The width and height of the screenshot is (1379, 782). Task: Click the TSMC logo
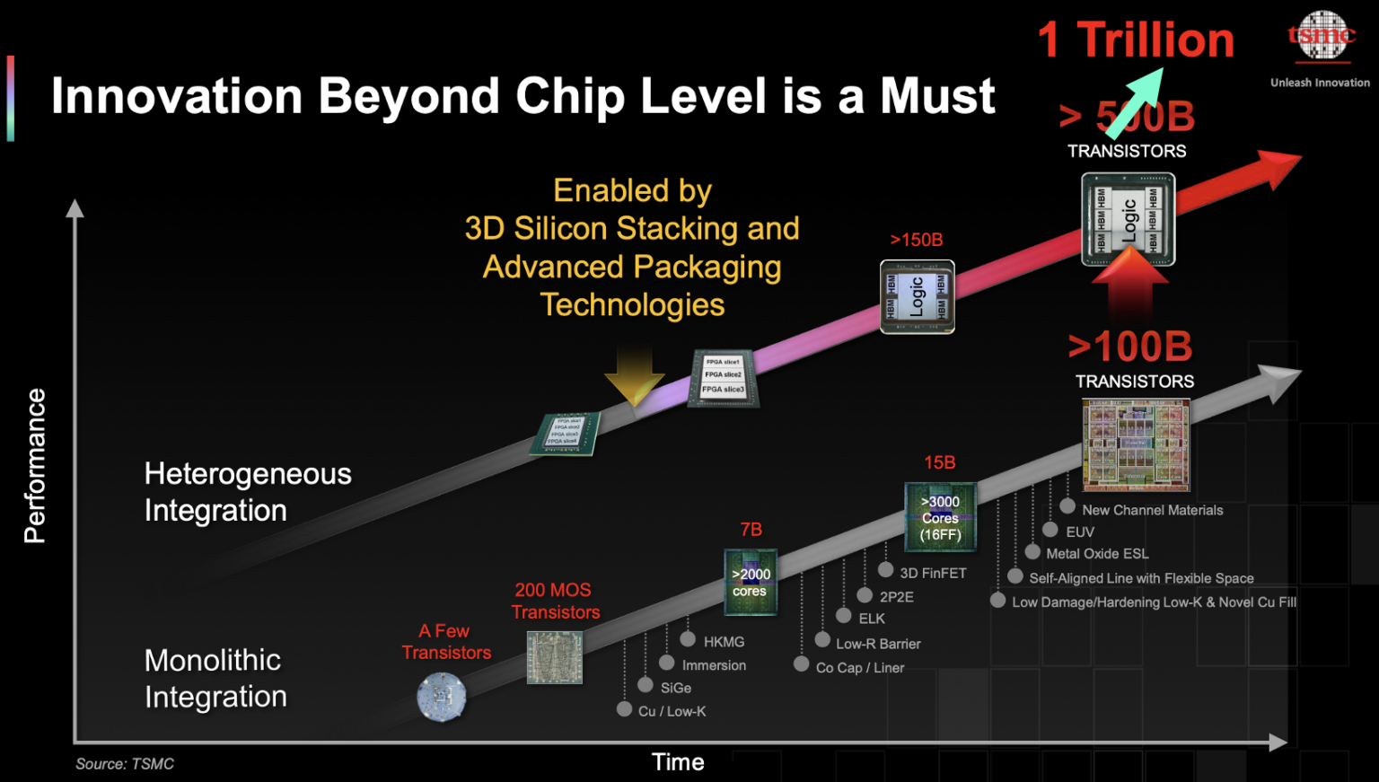pos(1321,37)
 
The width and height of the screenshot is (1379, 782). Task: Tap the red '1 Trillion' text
pos(1136,40)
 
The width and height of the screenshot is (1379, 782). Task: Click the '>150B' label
pos(916,240)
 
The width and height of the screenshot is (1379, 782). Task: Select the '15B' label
pos(939,462)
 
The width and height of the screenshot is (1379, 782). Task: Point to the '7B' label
pos(751,530)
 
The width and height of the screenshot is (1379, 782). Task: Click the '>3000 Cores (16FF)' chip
pos(940,518)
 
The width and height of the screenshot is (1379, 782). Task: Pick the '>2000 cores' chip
pos(750,582)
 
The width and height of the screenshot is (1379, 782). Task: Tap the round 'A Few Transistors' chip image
pos(442,697)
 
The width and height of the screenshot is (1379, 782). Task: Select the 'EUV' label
pos(1079,532)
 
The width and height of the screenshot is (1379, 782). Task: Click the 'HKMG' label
pos(724,642)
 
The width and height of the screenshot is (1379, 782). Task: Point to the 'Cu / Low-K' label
pos(672,711)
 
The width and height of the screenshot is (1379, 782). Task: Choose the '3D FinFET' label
pos(933,573)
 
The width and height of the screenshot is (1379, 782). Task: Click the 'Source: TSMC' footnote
pos(125,764)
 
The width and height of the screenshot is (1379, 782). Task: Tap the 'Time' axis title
pos(678,762)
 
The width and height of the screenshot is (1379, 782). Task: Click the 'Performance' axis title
pos(34,465)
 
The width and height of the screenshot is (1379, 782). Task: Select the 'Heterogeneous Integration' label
pos(248,492)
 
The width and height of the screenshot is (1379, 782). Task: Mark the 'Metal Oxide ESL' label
pos(1097,554)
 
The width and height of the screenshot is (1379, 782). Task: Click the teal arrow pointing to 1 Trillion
pos(1134,102)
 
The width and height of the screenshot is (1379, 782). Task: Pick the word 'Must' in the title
pos(937,96)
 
